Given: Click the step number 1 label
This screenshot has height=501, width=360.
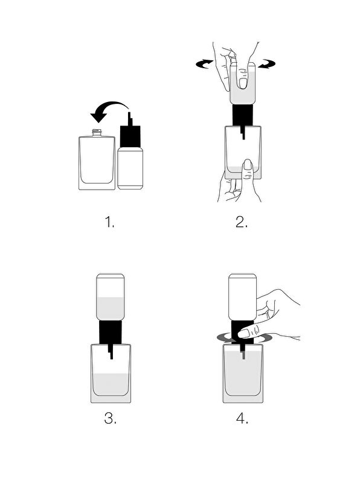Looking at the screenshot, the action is pyautogui.click(x=110, y=222).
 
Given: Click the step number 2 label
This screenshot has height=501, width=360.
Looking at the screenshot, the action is pyautogui.click(x=242, y=222).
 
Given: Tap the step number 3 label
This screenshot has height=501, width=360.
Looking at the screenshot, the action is pyautogui.click(x=111, y=418).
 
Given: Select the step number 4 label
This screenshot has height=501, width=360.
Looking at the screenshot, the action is pyautogui.click(x=242, y=418).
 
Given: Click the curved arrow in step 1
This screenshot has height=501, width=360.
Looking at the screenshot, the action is pyautogui.click(x=111, y=105).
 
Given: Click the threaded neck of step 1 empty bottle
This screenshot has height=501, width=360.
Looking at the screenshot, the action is pyautogui.click(x=97, y=133).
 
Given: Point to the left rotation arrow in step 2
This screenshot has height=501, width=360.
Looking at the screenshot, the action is pyautogui.click(x=205, y=64).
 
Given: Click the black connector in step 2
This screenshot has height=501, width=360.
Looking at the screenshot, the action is pyautogui.click(x=243, y=116).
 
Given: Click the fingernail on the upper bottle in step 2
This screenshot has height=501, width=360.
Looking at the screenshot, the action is pyautogui.click(x=243, y=83).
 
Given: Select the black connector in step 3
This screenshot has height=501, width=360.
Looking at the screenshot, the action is pyautogui.click(x=111, y=334).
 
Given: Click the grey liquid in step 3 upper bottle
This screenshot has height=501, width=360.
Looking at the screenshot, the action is pyautogui.click(x=111, y=308).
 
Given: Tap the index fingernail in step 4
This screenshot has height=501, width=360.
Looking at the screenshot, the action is pyautogui.click(x=243, y=334).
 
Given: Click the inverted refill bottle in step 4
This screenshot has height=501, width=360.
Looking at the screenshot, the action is pyautogui.click(x=243, y=297).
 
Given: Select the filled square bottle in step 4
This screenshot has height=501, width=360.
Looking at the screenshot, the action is pyautogui.click(x=243, y=374).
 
